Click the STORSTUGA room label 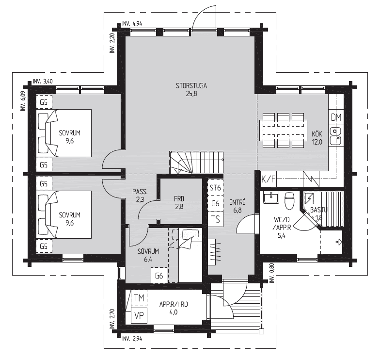click(191, 86)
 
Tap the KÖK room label click(317, 134)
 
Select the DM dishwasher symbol click(336, 117)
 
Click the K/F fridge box click(269, 180)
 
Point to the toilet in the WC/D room click(289, 200)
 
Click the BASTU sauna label click(319, 210)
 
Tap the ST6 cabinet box click(215, 187)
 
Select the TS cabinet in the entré click(215, 219)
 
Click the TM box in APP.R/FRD click(139, 298)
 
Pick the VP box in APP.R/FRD click(139, 315)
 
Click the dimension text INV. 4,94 click(132, 24)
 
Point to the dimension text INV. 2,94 click(132, 339)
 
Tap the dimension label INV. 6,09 click(23, 101)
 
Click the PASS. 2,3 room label click(140, 196)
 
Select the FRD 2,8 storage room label click(179, 203)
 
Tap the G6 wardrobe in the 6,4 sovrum click(159, 276)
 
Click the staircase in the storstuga click(196, 162)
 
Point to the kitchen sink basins click(335, 136)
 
